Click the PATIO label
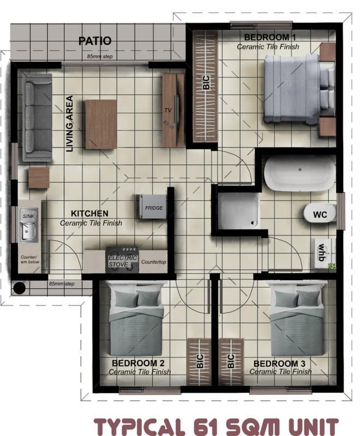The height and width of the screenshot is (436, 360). tap(94, 41)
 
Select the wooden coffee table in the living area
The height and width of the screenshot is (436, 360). tap(100, 124)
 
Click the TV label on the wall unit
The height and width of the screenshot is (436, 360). tap(168, 110)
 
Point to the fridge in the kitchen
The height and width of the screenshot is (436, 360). tap(150, 207)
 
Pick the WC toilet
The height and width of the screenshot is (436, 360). tap(320, 214)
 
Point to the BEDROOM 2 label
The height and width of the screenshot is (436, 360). tap(135, 363)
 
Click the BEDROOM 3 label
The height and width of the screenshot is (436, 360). tap(277, 363)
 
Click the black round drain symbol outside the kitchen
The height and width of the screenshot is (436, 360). tap(20, 287)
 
